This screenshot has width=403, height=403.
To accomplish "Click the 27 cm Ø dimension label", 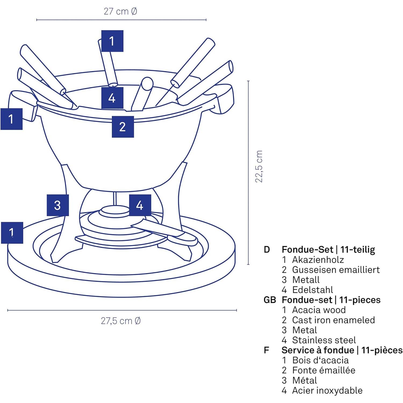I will tap(120, 12).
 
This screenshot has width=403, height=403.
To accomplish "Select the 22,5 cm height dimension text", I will tap(259, 167).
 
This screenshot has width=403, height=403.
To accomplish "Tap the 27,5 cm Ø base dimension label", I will tap(121, 321).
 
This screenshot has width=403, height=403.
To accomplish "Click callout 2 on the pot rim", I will tap(123, 127).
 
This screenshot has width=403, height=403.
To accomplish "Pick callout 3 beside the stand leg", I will tap(57, 205).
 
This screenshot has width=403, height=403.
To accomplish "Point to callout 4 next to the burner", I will tap(140, 205).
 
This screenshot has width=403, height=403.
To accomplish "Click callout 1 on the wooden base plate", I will tap(12, 233).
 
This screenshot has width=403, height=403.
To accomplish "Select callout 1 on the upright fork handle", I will tap(112, 41).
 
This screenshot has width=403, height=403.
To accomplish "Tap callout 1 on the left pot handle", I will tap(11, 119).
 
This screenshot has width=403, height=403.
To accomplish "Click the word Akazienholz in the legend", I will tap(318, 260).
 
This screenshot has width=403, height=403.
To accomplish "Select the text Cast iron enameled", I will tap(333, 320).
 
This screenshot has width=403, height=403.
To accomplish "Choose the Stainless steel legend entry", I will tap(324, 340).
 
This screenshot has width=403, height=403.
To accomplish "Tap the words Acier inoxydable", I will tap(327, 390).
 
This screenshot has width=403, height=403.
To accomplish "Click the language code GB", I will tap(270, 300).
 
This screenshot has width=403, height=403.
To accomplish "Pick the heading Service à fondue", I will tap(318, 350).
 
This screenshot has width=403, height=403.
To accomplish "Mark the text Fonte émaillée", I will tap(323, 370).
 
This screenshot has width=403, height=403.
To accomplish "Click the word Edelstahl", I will tap(312, 290).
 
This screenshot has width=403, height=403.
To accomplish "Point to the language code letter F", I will tap(267, 350).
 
